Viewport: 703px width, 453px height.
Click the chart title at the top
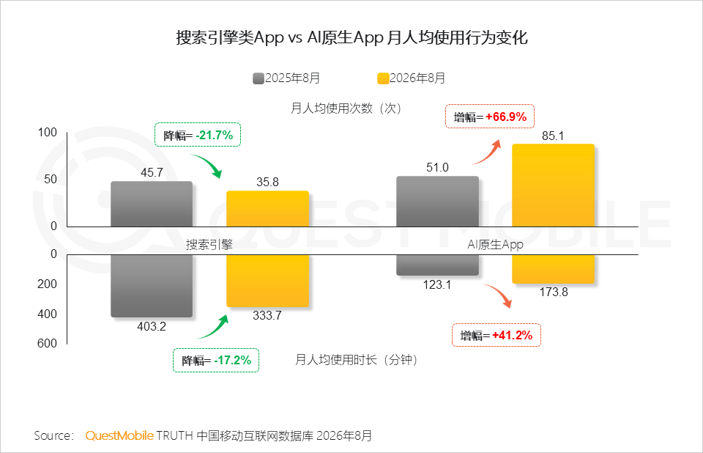click(x=351, y=37)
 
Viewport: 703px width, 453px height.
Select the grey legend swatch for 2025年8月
click(x=258, y=78)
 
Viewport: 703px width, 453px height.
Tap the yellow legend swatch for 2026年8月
click(x=383, y=78)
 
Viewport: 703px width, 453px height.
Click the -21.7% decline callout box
click(x=198, y=135)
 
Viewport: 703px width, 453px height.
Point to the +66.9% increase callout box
click(x=490, y=117)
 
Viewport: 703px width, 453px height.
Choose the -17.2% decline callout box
click(x=216, y=360)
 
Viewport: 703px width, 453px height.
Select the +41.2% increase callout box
click(x=496, y=335)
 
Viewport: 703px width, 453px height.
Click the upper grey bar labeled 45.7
click(x=152, y=205)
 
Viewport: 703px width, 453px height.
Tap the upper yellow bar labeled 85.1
click(x=554, y=185)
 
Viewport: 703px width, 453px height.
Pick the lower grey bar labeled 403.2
click(x=152, y=286)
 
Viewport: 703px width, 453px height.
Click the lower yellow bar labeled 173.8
click(x=554, y=269)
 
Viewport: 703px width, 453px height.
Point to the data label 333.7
click(x=267, y=315)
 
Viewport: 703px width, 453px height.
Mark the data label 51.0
click(x=437, y=167)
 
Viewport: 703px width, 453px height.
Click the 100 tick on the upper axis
click(x=48, y=133)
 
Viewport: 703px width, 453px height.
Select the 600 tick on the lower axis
click(x=47, y=344)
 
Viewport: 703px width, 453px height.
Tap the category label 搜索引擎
click(x=209, y=245)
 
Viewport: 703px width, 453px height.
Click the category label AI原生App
click(x=496, y=245)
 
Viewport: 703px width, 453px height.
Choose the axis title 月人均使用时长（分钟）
click(x=356, y=360)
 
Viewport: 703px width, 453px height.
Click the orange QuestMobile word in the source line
click(x=119, y=435)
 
